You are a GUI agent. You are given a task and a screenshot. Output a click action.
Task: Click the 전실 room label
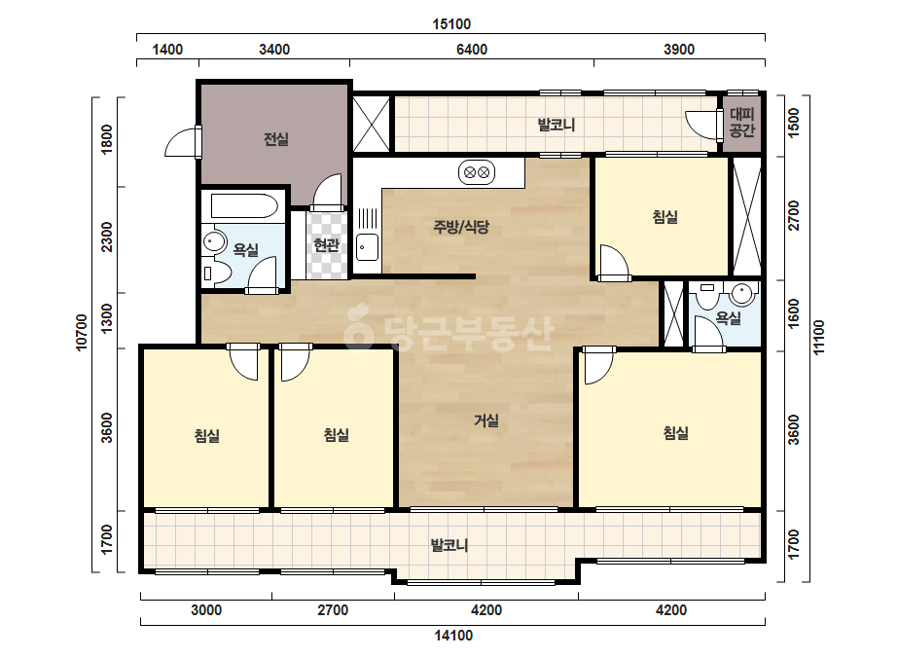click(276, 139)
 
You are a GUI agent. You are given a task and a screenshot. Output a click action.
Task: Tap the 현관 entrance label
click(327, 245)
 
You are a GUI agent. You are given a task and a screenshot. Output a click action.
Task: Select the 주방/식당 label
click(461, 227)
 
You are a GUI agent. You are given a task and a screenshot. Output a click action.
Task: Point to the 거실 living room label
click(486, 420)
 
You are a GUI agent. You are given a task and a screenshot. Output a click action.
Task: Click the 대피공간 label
click(741, 122)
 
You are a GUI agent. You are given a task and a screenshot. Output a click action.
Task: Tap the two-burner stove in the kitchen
click(477, 172)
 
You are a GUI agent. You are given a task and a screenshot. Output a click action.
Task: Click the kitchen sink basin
click(367, 247)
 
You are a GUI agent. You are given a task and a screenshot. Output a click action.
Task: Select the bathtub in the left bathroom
click(244, 206)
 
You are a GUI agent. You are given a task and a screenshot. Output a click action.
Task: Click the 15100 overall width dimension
click(451, 24)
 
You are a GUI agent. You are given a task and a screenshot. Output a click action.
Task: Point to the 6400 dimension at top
click(472, 50)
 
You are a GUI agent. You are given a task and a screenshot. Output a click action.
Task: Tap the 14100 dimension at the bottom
click(453, 635)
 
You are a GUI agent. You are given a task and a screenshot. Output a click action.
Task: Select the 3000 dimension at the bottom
click(206, 610)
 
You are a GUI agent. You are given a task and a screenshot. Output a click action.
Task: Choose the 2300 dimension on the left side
click(107, 238)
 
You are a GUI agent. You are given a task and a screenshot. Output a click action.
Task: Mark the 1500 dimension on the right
click(794, 123)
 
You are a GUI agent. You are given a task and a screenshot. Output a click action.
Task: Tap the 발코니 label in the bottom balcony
click(449, 545)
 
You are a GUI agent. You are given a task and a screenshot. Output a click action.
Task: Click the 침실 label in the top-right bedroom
click(665, 217)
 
